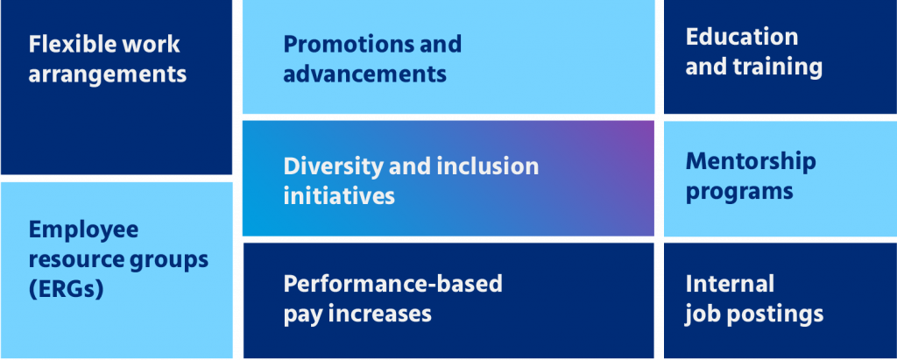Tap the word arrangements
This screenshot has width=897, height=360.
pos(108,74)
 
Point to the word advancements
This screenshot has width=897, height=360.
pos(365,74)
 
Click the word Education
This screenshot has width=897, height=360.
pos(742,37)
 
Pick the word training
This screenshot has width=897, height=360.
pos(779,67)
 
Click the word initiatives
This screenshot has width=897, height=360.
pos(339,195)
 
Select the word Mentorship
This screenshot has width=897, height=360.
pos(751,161)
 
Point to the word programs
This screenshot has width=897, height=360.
pos(739,191)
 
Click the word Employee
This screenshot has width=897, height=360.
pos(84,229)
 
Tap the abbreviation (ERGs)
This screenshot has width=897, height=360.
pos(67,289)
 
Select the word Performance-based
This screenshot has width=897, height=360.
pos(393,284)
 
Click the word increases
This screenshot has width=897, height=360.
pos(379,314)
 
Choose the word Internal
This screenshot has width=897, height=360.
pos(731,284)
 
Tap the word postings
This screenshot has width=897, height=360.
pos(775,314)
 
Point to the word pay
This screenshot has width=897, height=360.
pos(301,314)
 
